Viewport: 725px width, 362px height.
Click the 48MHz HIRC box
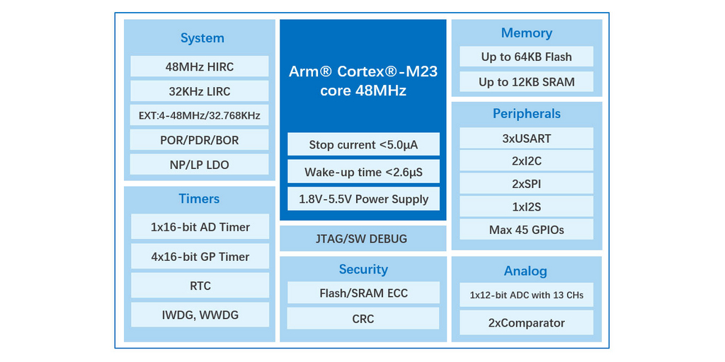coord(200,67)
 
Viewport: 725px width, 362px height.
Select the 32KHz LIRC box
coord(200,91)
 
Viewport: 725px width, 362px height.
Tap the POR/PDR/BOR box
coord(200,140)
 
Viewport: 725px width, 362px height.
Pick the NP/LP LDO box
coord(200,165)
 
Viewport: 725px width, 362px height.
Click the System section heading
coord(202,38)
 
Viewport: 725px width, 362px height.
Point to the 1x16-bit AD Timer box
coord(200,227)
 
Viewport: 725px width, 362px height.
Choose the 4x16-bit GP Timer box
coord(200,257)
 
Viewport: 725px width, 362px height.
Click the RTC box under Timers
coord(200,286)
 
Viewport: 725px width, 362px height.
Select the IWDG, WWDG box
coord(200,315)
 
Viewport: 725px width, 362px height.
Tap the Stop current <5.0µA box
coord(363,145)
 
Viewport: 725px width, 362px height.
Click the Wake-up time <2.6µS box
coord(363,172)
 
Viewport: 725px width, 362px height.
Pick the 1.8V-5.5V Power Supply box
coord(363,199)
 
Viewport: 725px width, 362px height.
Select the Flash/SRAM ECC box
coord(363,293)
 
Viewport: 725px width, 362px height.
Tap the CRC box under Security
coord(363,319)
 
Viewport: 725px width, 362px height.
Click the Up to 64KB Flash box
coord(527,57)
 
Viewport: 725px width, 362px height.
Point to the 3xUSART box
coord(527,139)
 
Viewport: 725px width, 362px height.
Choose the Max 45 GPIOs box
coord(527,230)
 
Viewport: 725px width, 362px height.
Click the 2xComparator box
coord(527,323)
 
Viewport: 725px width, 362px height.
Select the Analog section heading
coord(525,271)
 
